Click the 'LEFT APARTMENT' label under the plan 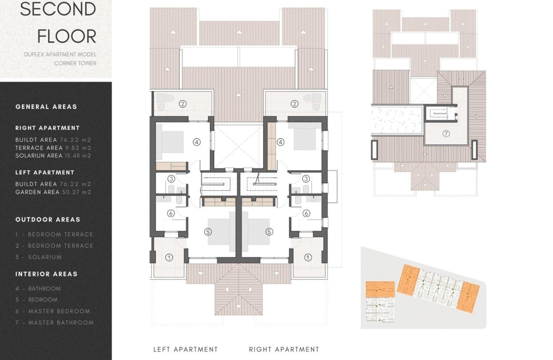(x=186, y=349)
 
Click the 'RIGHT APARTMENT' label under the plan (x=284, y=349)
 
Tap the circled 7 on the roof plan (x=446, y=134)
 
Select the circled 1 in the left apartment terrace (x=169, y=258)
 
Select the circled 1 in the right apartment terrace (x=308, y=258)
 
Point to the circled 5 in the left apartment (x=208, y=231)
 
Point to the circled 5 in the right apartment (x=269, y=231)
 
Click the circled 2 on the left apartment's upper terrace (x=183, y=103)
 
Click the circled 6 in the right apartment (x=306, y=213)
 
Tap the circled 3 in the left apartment (x=171, y=179)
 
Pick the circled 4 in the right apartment (x=281, y=141)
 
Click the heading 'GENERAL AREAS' (x=46, y=107)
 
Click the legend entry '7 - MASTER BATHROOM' (x=54, y=322)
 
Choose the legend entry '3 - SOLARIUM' (x=39, y=257)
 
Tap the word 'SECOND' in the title (x=58, y=9)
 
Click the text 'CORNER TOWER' (x=75, y=63)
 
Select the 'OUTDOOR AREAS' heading (x=48, y=219)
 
